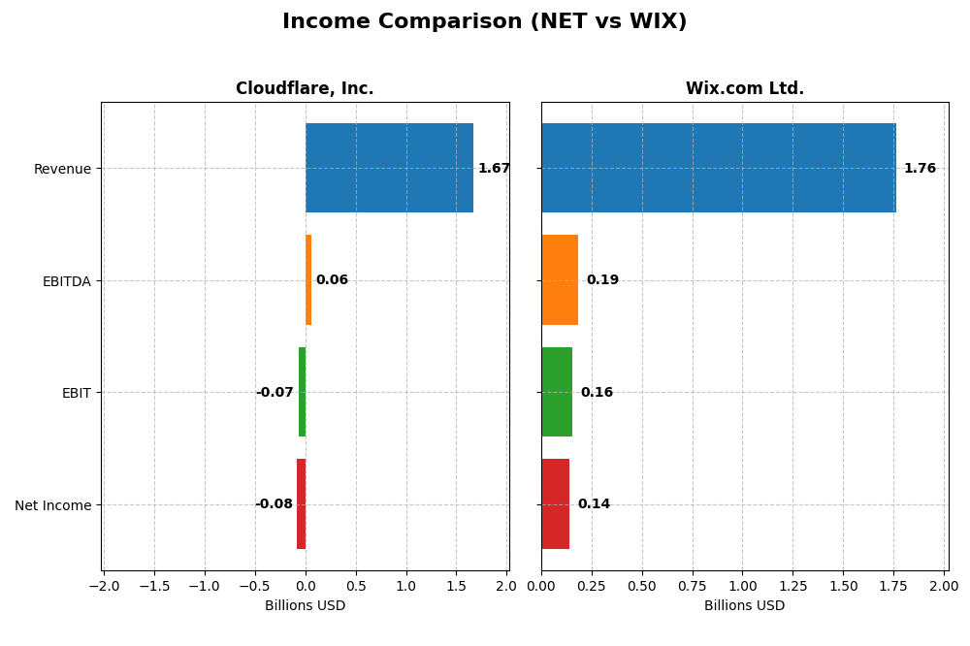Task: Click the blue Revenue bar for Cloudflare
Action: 389,168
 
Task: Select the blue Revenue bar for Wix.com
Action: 718,168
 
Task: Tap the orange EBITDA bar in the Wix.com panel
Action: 560,280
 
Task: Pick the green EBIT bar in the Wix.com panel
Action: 557,392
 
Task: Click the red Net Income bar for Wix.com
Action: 555,504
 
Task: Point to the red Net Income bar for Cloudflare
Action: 302,504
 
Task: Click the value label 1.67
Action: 494,169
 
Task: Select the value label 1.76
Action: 920,169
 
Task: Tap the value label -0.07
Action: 275,393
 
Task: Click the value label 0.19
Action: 602,280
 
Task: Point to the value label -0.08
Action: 274,504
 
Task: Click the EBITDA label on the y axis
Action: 67,281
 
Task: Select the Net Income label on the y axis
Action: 53,505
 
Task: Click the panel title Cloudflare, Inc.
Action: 305,89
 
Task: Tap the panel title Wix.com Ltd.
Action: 745,89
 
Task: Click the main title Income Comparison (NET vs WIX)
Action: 485,22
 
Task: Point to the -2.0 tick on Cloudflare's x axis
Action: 104,586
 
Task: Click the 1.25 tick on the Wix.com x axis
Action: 792,586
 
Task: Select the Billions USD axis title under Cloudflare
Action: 305,606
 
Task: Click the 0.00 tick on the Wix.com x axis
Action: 541,586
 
